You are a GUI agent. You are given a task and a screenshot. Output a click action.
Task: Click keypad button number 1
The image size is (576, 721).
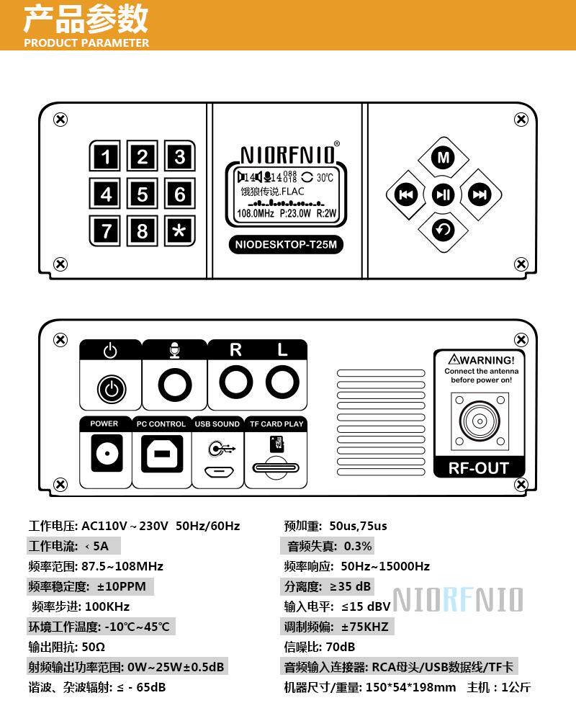pyautogui.click(x=106, y=157)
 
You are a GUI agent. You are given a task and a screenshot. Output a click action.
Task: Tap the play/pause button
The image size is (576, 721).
pyautogui.click(x=443, y=194)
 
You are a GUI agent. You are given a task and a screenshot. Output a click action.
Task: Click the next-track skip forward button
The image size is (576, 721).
pyautogui.click(x=480, y=194)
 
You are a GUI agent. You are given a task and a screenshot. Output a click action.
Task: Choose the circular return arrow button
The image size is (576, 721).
pyautogui.click(x=444, y=230)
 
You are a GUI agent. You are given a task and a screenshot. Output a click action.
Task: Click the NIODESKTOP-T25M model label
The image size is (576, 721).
pyautogui.click(x=287, y=245)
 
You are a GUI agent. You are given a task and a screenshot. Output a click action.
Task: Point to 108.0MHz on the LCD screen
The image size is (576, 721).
pyautogui.click(x=256, y=213)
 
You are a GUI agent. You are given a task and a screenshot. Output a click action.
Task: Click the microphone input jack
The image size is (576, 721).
pyautogui.click(x=174, y=385)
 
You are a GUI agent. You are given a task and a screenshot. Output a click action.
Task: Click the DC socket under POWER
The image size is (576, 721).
pyautogui.click(x=104, y=454)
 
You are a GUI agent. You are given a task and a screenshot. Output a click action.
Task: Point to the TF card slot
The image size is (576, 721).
pyautogui.click(x=275, y=467)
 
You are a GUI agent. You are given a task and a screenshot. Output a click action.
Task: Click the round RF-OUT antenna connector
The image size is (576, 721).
pyautogui.click(x=479, y=420)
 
